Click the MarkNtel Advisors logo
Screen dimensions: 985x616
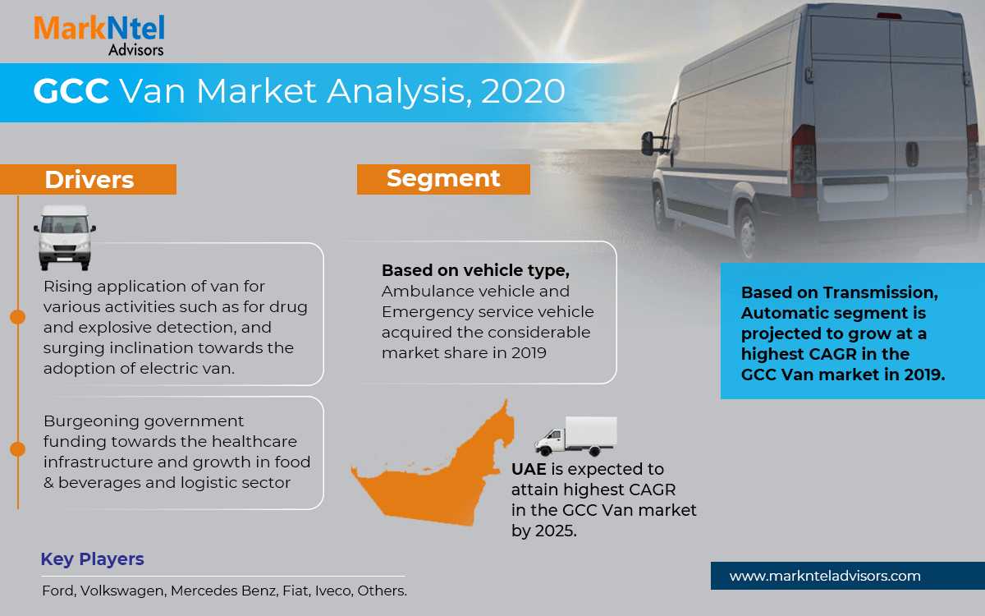click(x=99, y=35)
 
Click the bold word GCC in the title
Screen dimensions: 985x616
click(x=71, y=91)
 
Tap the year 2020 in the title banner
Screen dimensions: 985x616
click(x=523, y=91)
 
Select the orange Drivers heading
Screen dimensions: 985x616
click(x=88, y=180)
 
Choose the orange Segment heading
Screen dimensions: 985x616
click(x=443, y=179)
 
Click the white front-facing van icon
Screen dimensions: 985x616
click(x=65, y=237)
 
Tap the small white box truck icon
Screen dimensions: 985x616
click(x=576, y=436)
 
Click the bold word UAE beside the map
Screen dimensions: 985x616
click(x=529, y=469)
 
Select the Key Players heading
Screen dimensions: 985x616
click(x=92, y=559)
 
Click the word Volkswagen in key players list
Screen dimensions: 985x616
click(x=122, y=591)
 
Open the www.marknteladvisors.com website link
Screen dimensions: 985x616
click(x=825, y=576)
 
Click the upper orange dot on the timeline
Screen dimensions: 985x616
click(x=17, y=317)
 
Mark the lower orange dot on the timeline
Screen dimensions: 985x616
click(x=17, y=449)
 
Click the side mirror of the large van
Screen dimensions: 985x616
click(x=648, y=144)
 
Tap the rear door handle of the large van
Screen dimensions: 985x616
click(x=912, y=154)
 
